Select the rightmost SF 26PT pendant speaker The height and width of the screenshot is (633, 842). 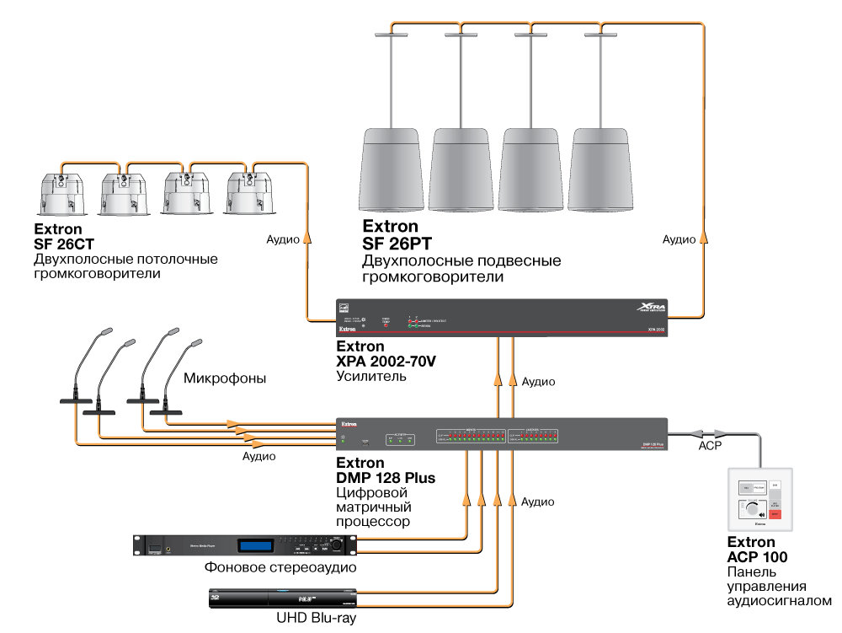(600, 173)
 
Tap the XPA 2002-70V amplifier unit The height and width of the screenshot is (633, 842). (501, 318)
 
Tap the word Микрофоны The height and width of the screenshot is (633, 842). (225, 379)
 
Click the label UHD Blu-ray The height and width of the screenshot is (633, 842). (316, 618)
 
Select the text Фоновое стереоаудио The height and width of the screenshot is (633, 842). (280, 568)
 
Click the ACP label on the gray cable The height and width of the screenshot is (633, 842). (711, 445)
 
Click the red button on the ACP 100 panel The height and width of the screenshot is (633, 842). (776, 514)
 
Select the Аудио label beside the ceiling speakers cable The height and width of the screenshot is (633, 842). (283, 239)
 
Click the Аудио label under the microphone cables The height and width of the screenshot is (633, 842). (258, 456)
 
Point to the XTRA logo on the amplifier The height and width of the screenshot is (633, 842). (642, 308)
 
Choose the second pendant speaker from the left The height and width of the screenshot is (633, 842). (461, 173)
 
